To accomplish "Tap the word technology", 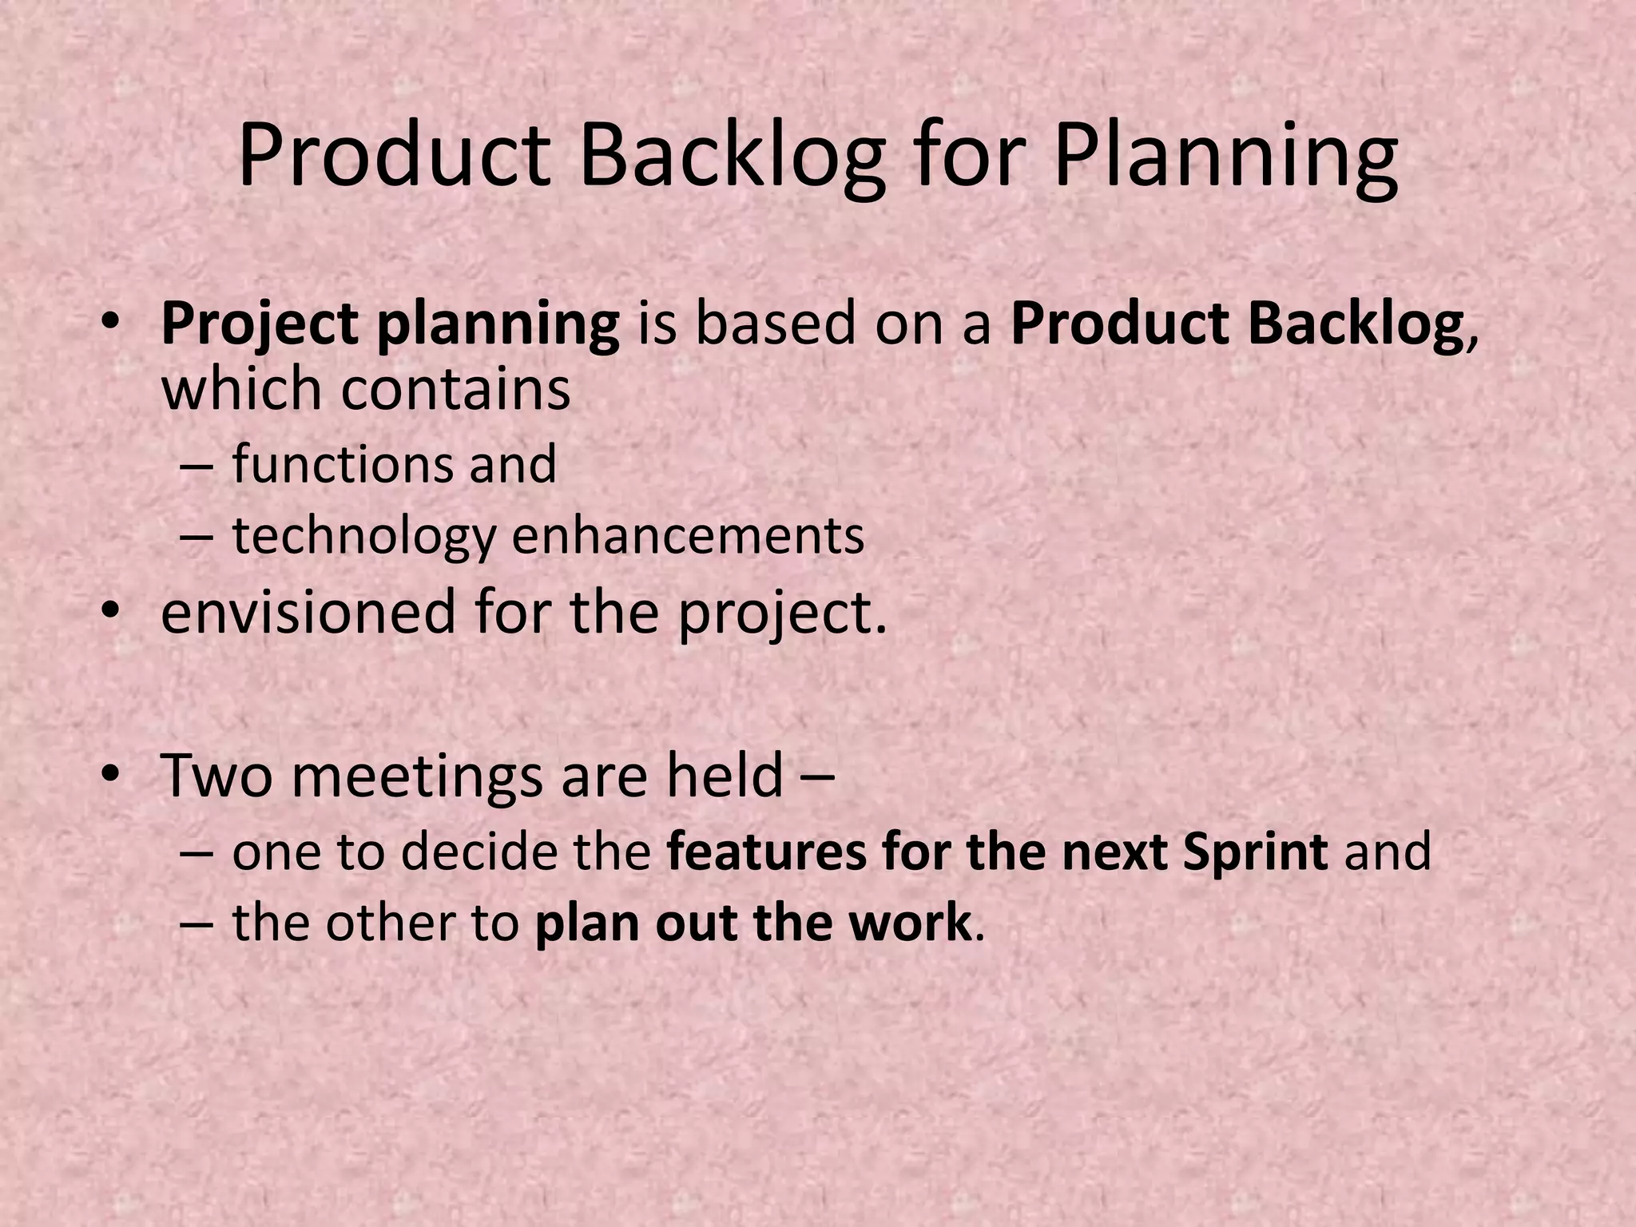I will coord(363,537).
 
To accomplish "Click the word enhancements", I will coord(688,535).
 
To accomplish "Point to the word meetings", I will coord(418,776).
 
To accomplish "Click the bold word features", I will coord(766,852).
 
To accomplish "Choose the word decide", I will coord(475,852).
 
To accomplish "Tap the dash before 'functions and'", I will coord(197,466).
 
